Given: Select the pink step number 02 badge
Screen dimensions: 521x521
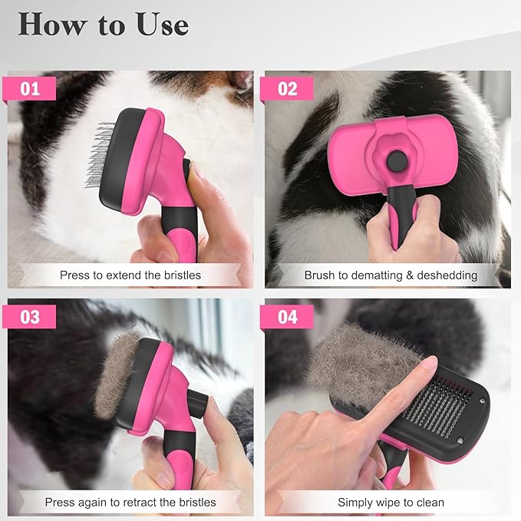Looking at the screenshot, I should (x=287, y=88).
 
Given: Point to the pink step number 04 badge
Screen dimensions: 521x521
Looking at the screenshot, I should (x=287, y=316).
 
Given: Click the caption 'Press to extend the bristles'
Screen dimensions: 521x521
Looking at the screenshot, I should (x=130, y=275).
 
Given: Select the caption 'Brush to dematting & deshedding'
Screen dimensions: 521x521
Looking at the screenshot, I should (x=390, y=275).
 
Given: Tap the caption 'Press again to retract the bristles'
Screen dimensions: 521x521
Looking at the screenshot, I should (x=130, y=503).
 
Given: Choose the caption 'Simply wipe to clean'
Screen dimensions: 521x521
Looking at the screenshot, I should (x=391, y=503).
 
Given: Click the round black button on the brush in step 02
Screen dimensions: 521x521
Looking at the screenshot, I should (x=397, y=162).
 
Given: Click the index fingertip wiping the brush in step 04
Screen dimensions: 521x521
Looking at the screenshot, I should (x=426, y=363).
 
